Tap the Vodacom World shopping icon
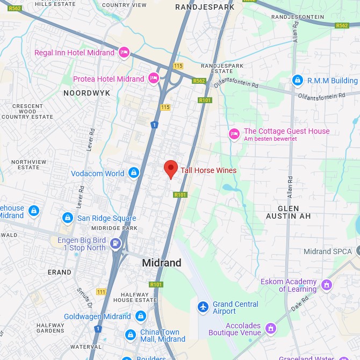[x=134, y=174]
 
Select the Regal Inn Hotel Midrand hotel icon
[x=124, y=52]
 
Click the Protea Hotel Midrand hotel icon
[x=154, y=78]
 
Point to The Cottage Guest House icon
[x=234, y=134]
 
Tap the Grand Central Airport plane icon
[x=203, y=307]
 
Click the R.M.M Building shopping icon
[x=297, y=81]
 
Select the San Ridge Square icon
[x=68, y=218]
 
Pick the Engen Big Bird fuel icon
[x=115, y=244]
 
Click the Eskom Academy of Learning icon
[x=326, y=284]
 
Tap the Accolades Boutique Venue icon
[x=270, y=328]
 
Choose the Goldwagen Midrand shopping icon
[x=141, y=316]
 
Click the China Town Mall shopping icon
[x=130, y=335]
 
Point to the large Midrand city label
[x=161, y=263]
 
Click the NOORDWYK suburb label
[x=87, y=93]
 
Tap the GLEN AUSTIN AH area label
[x=289, y=212]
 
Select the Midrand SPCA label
[x=328, y=251]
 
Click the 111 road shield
[x=101, y=292]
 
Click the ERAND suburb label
[x=59, y=272]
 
